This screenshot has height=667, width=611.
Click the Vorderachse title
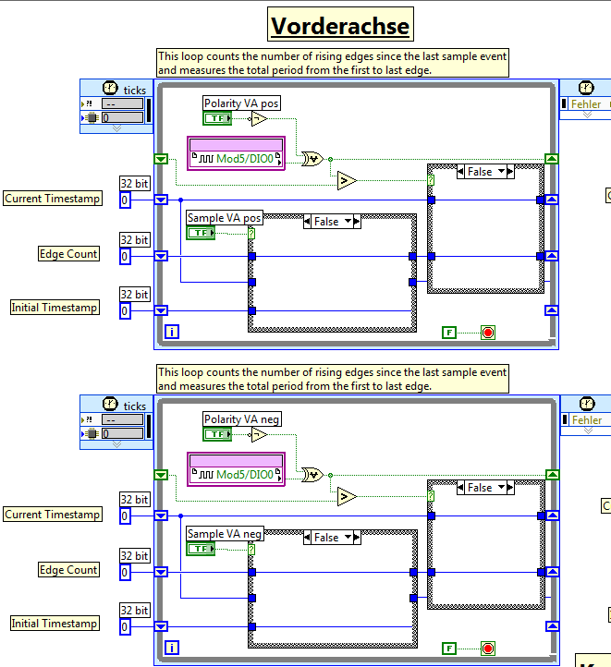point(340,26)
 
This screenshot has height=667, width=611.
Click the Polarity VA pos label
point(243,103)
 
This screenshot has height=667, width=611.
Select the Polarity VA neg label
point(243,419)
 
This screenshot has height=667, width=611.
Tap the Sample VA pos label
point(225,218)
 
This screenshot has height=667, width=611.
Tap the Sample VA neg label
point(225,534)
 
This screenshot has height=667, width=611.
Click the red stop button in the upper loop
point(488,332)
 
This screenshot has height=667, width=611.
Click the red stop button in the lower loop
point(488,648)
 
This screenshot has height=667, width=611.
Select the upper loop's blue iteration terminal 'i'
point(171,332)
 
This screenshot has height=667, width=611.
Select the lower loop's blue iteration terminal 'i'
point(171,648)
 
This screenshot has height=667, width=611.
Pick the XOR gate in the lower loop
point(312,475)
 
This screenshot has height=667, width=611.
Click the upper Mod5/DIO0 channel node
point(237,160)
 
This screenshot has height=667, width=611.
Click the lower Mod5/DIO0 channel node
point(237,475)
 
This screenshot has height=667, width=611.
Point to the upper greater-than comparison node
point(347,180)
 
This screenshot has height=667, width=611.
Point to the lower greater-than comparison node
point(347,497)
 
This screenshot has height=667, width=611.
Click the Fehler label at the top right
point(585,104)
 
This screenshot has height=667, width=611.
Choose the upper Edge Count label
point(68,254)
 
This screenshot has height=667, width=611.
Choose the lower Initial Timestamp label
point(55,624)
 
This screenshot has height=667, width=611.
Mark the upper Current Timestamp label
point(53,199)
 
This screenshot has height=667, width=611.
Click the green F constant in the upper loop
point(449,332)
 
